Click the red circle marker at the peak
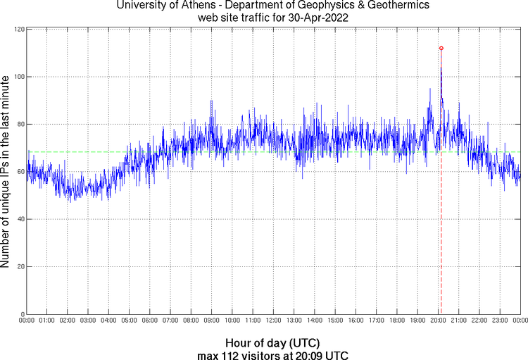point(441,48)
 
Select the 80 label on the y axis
point(20,125)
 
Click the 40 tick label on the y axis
point(20,219)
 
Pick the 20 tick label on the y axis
point(20,267)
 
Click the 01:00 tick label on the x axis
point(47,321)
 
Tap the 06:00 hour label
point(150,321)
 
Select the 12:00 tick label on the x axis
point(273,321)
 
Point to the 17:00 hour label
point(376,321)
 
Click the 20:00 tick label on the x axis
point(438,321)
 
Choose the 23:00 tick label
point(499,321)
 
